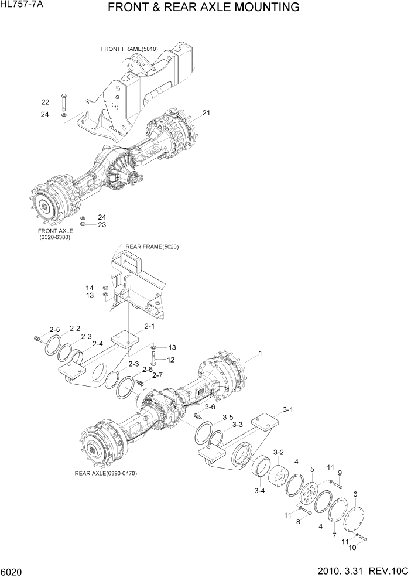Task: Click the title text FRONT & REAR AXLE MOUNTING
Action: pos(204,8)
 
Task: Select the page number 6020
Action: pos(12,570)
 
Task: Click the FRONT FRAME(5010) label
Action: pos(129,49)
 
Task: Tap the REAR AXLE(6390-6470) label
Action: pos(105,473)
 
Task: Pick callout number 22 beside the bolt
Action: pos(45,101)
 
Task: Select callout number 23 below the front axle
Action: pos(101,224)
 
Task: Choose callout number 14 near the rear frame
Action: pos(90,288)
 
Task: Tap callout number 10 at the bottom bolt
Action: pos(352,548)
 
